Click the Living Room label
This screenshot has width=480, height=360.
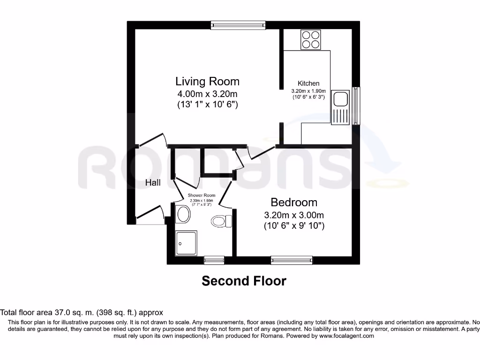[207, 81]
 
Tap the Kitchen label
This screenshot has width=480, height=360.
[308, 83]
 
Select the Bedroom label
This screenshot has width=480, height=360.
[294, 202]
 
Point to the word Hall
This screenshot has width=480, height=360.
[153, 183]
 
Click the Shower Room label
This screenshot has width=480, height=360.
[202, 195]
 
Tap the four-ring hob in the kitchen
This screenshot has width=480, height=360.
[311, 39]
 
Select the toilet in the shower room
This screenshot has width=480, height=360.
[222, 220]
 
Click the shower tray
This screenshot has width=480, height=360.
[186, 243]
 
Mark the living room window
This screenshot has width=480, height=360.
[238, 25]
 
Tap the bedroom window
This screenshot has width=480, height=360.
[292, 260]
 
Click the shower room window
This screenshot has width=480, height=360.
[214, 260]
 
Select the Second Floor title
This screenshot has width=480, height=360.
[244, 281]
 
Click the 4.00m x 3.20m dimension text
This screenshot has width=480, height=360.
[207, 94]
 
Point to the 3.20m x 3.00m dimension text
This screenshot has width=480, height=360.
[294, 216]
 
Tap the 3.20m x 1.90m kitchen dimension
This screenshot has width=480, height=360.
[308, 91]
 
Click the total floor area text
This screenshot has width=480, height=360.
[82, 312]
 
